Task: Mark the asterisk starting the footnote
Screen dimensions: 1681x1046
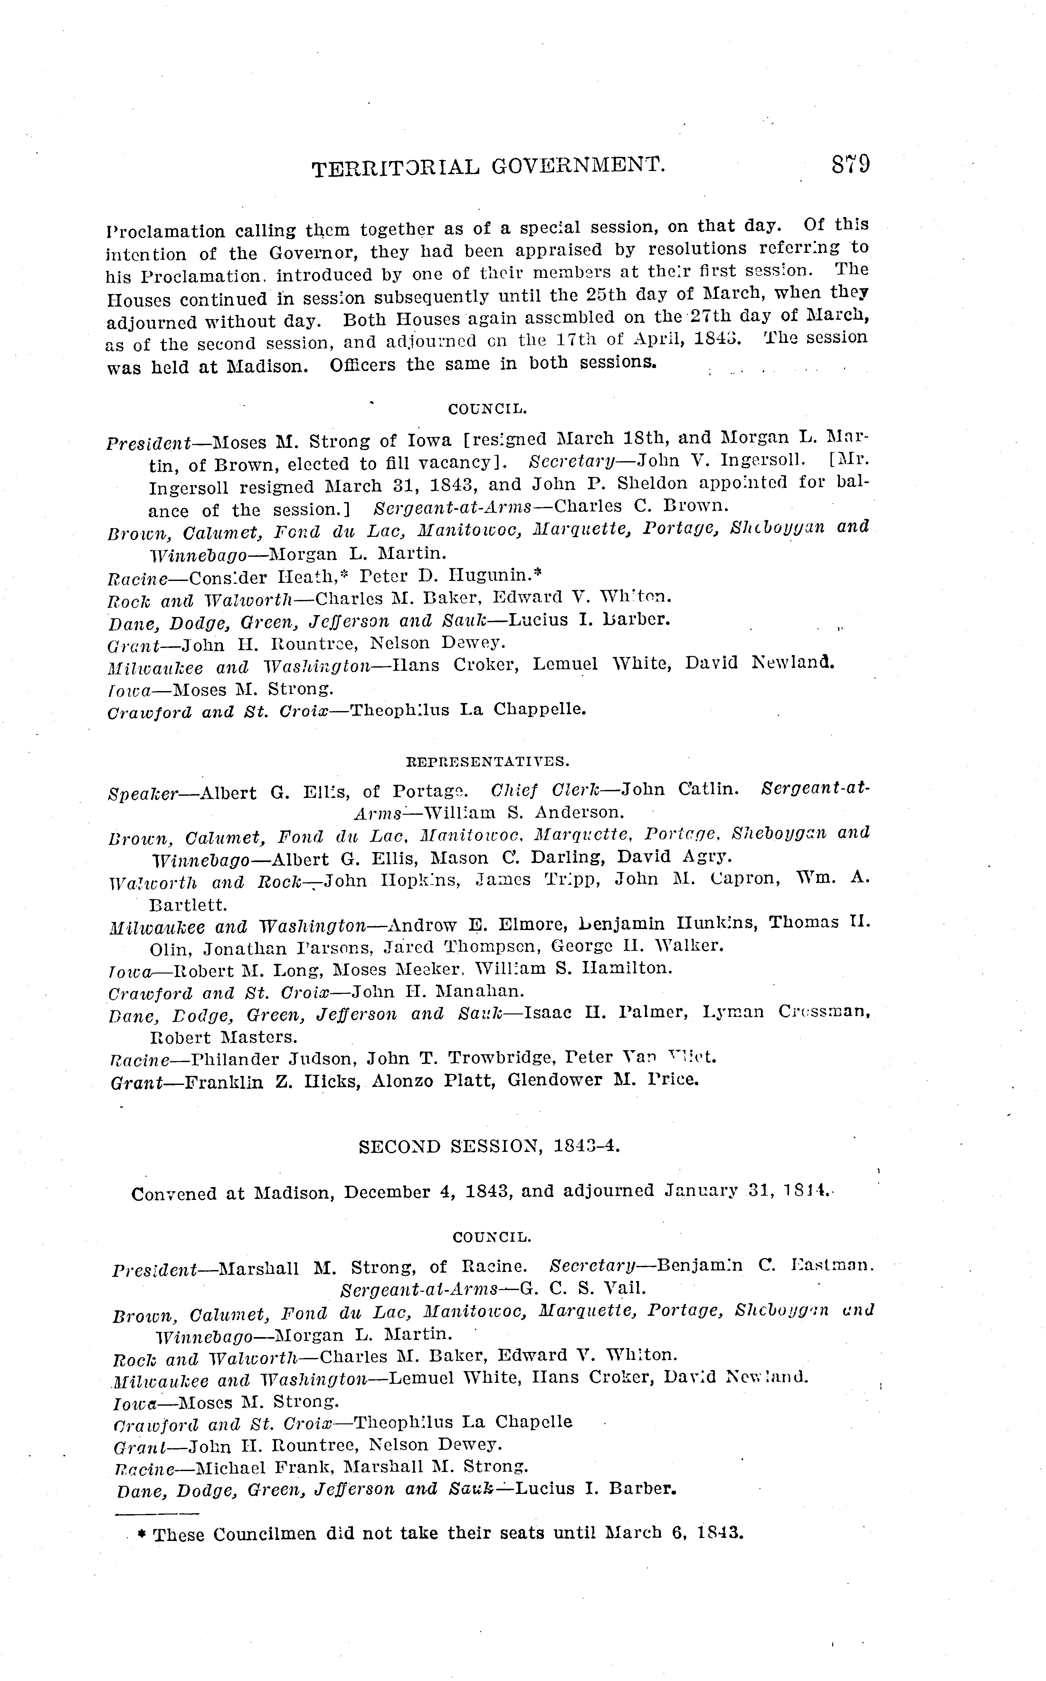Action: (x=142, y=1534)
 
